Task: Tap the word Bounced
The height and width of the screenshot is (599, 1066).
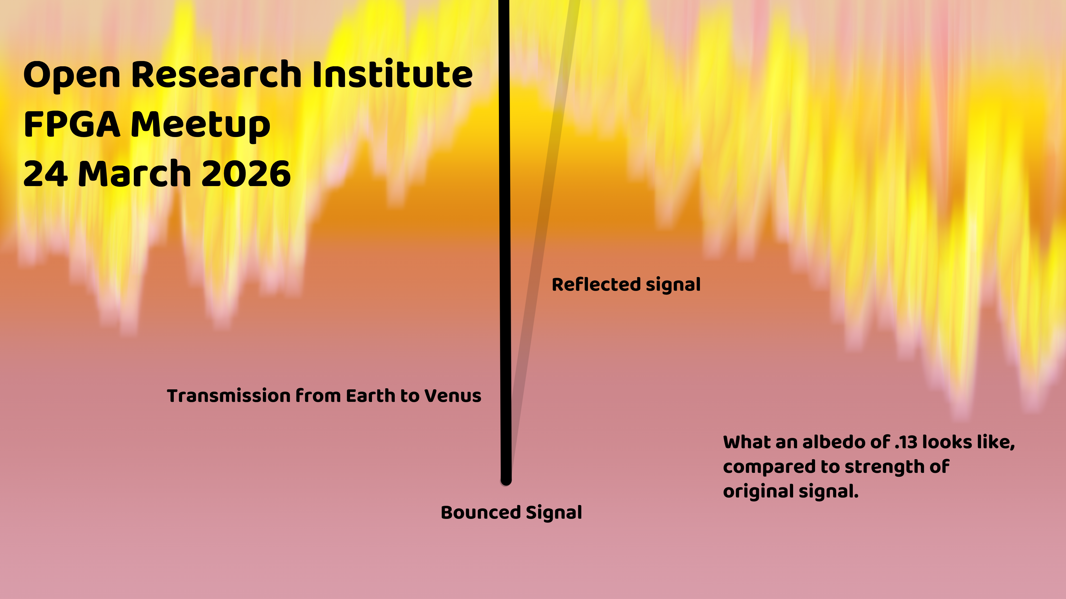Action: (481, 512)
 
